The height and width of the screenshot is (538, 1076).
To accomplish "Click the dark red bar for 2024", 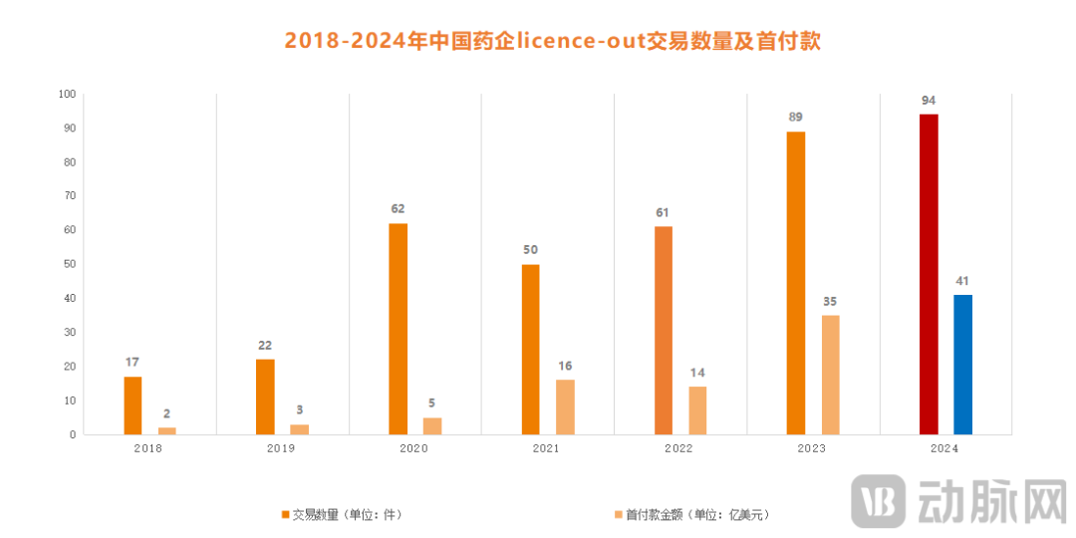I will [x=929, y=274].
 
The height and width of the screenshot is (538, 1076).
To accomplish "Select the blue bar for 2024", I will [x=962, y=365].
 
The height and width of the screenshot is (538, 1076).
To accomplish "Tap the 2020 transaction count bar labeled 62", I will [x=399, y=329].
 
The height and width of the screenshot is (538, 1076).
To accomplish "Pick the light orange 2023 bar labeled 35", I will [x=830, y=375].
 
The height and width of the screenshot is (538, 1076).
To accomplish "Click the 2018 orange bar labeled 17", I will [x=133, y=405].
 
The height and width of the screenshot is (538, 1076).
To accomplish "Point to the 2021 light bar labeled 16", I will [x=565, y=406].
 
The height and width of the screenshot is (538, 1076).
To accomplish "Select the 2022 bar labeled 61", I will [x=664, y=331].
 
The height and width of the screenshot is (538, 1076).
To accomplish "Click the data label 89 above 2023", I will [x=795, y=117].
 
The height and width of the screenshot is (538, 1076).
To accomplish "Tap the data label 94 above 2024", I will [x=929, y=100].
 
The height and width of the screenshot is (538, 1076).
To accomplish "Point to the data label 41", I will [x=962, y=280].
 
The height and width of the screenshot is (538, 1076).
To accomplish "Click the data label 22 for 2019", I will [x=265, y=345].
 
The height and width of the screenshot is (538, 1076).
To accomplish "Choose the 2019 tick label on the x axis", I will [x=281, y=449].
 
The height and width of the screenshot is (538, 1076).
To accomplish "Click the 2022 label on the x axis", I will [x=679, y=449].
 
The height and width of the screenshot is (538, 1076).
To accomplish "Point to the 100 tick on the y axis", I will [x=67, y=95].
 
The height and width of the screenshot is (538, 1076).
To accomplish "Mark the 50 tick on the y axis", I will [x=69, y=265].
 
